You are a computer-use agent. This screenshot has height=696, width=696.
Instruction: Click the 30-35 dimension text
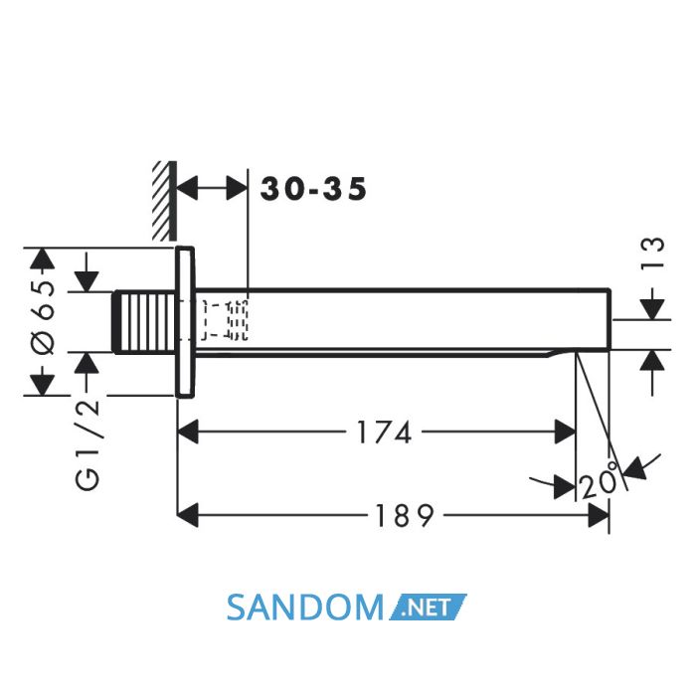(x=313, y=189)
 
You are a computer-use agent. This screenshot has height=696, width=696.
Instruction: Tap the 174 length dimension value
(x=385, y=433)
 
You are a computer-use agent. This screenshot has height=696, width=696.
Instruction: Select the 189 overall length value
(x=404, y=516)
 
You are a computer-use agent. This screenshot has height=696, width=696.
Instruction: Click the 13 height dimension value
(x=653, y=252)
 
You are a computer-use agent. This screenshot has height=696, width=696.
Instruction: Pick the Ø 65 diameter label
(x=45, y=317)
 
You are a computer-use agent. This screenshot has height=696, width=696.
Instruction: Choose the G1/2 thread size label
(x=88, y=444)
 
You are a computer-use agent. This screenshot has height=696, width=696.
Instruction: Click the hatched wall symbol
(x=165, y=201)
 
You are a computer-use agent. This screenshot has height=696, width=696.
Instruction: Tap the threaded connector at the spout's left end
(x=145, y=322)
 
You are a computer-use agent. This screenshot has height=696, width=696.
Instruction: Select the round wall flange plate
(x=185, y=322)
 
